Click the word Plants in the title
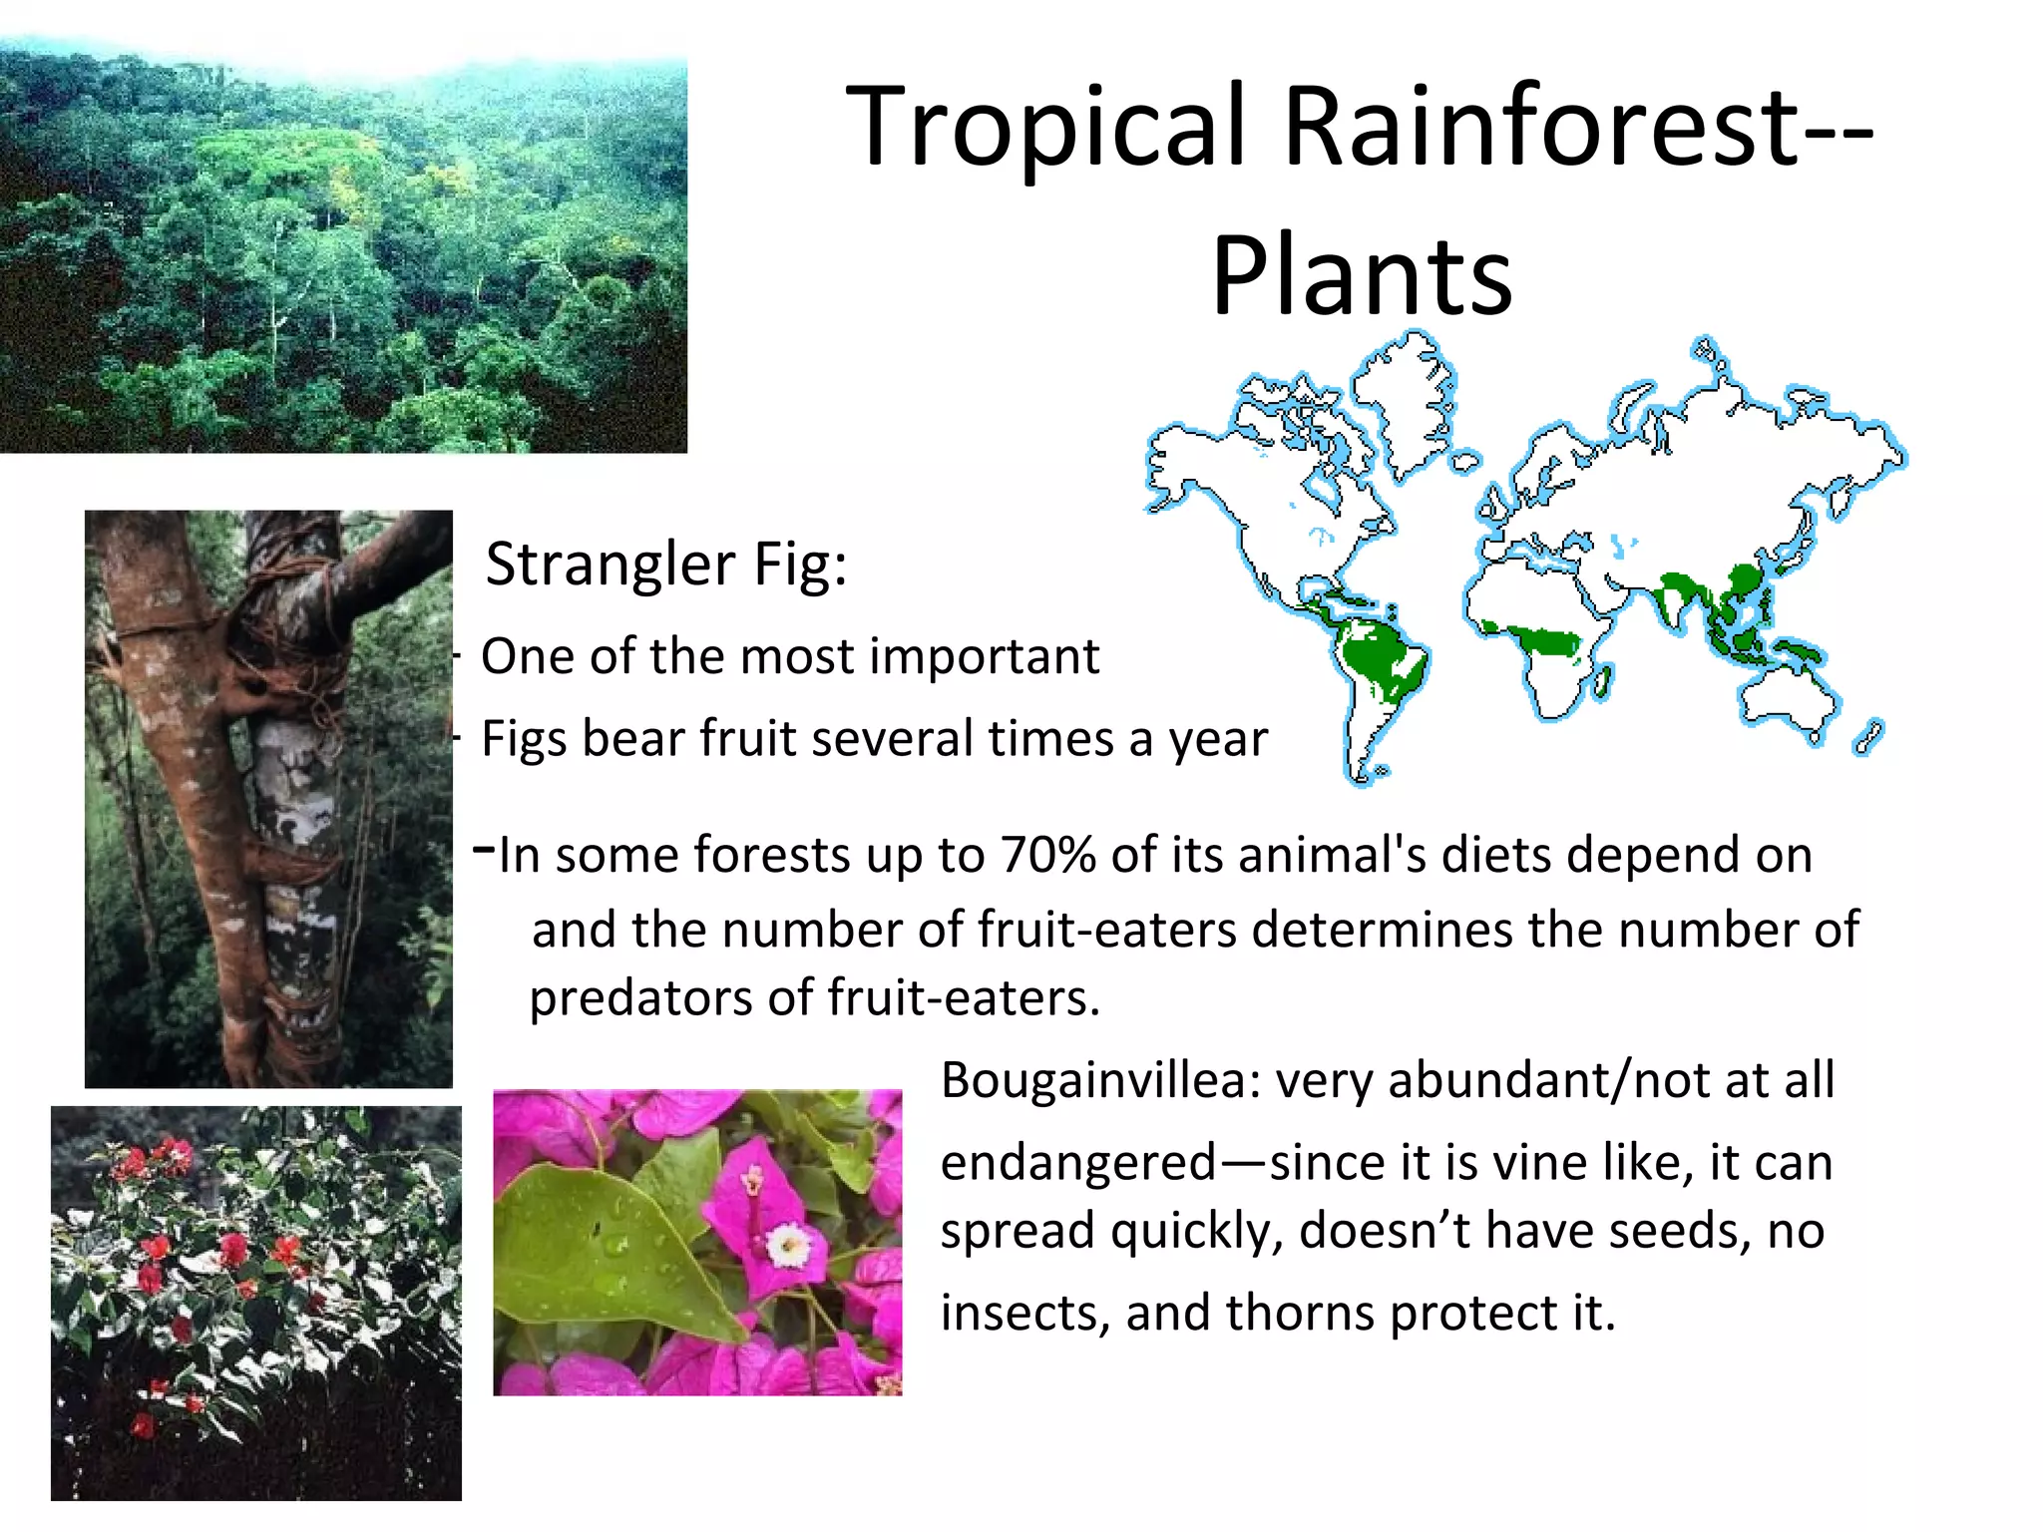click(x=1362, y=276)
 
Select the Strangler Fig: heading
click(x=665, y=565)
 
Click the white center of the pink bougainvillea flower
click(x=789, y=1244)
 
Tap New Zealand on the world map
click(x=1866, y=739)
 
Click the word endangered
click(x=1078, y=1163)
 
